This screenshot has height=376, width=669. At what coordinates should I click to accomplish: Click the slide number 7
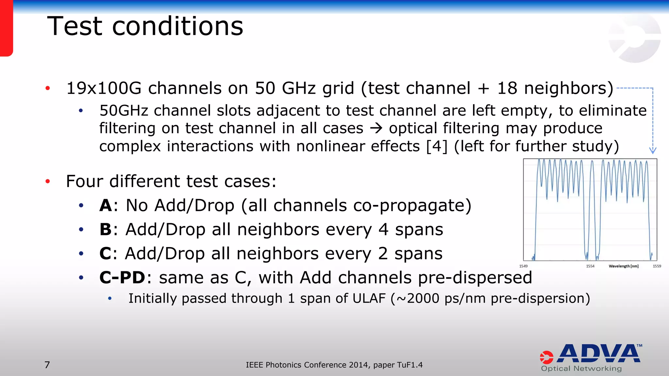47,365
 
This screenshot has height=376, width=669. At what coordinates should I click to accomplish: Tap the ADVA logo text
600,354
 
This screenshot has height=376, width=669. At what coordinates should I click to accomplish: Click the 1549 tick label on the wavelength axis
523,266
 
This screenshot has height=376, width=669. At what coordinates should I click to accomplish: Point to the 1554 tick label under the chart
590,266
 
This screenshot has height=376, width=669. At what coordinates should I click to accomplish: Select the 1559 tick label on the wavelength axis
657,266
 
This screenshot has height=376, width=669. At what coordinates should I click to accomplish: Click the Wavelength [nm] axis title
623,266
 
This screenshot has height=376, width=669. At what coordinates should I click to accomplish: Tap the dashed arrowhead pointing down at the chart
652,150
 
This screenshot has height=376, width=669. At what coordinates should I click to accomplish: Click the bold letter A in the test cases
106,206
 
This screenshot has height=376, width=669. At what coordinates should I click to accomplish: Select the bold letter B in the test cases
106,229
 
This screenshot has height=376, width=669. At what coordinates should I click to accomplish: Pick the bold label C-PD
122,278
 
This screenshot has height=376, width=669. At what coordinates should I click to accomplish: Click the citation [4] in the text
437,146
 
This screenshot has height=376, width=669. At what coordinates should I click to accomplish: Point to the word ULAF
367,298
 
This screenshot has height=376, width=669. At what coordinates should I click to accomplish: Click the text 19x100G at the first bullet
104,88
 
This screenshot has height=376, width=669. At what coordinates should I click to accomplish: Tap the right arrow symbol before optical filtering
376,128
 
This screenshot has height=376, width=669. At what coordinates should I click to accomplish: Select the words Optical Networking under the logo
581,368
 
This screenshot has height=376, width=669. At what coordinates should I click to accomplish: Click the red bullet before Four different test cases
48,181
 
